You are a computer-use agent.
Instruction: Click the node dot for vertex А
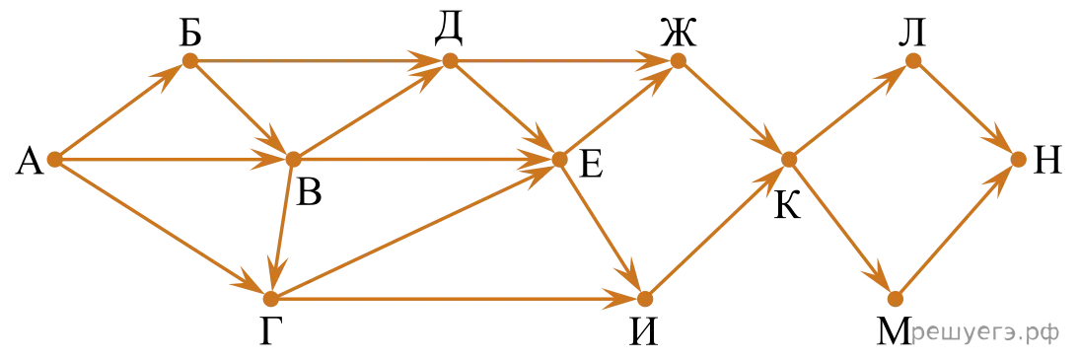point(55,160)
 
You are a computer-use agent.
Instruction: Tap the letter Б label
point(191,34)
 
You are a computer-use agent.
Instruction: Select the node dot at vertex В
point(293,159)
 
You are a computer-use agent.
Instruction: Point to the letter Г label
point(269,333)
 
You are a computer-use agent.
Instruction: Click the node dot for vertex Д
point(450,60)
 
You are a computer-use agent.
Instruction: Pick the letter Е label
point(591,164)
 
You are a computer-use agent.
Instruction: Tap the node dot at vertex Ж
point(678,60)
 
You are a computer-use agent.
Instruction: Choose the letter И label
point(643,332)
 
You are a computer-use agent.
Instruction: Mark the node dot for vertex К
point(789,159)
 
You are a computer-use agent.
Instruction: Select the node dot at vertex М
point(895,299)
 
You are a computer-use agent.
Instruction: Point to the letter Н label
point(1047,164)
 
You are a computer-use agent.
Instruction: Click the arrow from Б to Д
point(320,60)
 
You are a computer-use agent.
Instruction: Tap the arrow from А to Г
point(163,229)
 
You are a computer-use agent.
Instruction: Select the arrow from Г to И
point(457,299)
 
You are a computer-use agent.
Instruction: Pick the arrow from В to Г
point(281,229)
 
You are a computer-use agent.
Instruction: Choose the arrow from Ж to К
point(733,109)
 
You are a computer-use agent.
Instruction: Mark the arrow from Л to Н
point(964,110)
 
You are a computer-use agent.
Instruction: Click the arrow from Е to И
point(602,229)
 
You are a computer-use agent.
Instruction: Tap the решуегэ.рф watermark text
point(984,334)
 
